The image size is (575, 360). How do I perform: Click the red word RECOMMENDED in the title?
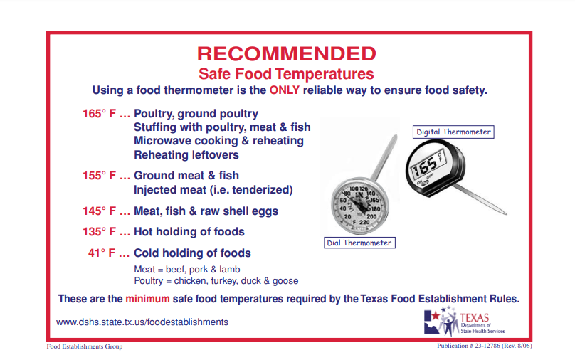[x=287, y=53]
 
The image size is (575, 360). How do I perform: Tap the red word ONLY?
[x=285, y=90]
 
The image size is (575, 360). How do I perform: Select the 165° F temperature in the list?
[x=99, y=114]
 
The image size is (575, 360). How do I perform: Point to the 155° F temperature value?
[x=99, y=176]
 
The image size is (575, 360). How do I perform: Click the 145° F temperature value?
[x=99, y=211]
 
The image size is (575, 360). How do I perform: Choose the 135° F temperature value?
[x=99, y=232]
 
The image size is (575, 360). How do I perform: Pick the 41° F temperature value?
[x=102, y=253]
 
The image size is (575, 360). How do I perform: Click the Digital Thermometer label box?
[x=453, y=132]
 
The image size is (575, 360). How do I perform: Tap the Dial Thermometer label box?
[x=359, y=243]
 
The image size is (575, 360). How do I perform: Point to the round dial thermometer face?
[x=360, y=206]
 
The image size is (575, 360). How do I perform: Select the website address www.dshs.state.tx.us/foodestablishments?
[x=142, y=322]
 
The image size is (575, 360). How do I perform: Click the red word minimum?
[x=147, y=299]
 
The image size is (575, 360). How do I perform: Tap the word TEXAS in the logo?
[x=474, y=317]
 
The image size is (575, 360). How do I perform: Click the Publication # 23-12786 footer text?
[x=485, y=346]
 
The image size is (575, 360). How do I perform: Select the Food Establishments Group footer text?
[x=85, y=346]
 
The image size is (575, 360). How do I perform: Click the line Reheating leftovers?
[x=186, y=154]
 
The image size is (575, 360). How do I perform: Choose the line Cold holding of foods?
[x=193, y=253]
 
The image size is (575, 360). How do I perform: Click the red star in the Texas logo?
[x=436, y=316]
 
